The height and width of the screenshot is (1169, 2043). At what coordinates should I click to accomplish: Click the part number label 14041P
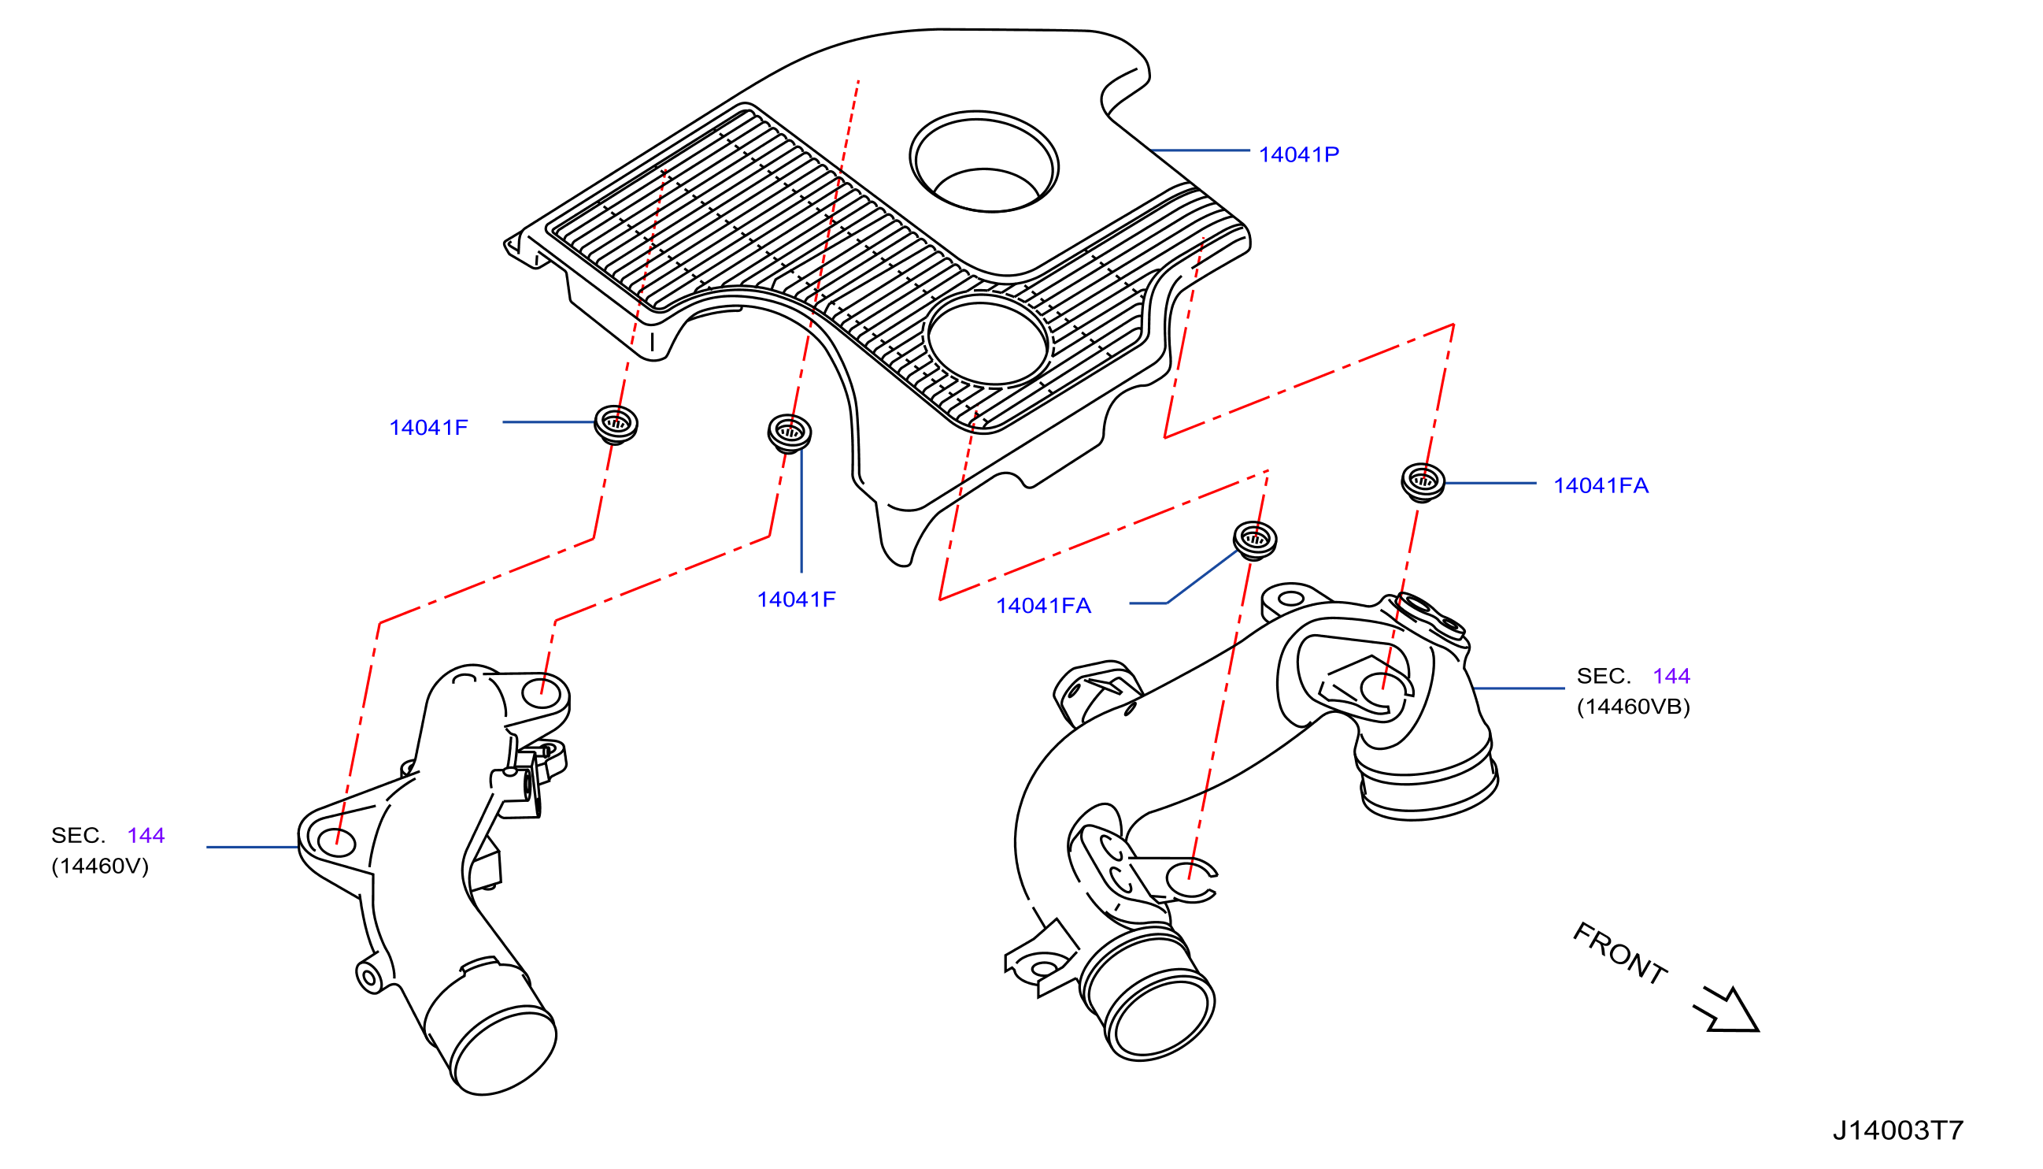1298,154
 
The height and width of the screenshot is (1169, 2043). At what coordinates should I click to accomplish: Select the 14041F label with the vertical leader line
796,599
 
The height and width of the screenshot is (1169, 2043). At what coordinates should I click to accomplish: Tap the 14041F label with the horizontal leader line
428,427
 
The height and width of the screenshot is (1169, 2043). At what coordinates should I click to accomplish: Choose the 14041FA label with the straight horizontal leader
1601,485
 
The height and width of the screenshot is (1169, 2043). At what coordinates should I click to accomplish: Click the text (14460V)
100,867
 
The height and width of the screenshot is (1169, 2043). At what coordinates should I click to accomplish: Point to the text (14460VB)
1634,707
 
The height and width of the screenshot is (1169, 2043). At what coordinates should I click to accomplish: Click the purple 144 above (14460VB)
1671,676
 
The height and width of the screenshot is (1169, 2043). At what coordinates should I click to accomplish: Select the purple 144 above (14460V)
146,836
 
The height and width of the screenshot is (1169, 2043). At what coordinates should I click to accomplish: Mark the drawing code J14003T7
1898,1130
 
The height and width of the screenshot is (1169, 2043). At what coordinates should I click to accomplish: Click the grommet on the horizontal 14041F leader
616,424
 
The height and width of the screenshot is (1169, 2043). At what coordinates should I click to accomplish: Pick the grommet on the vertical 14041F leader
790,432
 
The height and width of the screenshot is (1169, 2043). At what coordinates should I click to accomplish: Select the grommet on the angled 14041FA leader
1255,540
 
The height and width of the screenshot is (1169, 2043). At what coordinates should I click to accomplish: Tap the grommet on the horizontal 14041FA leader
1423,483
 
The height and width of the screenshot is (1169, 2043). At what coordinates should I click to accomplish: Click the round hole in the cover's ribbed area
988,340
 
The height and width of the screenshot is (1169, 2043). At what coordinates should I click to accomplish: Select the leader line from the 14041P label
1200,150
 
